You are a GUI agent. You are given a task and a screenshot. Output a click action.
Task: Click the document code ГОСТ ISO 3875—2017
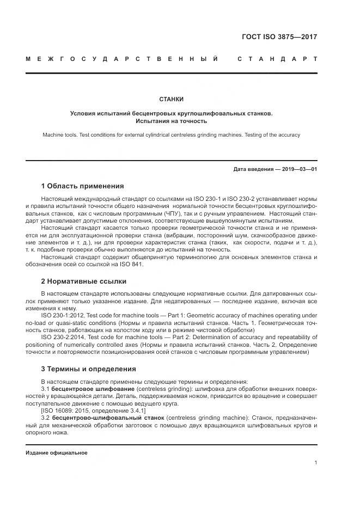tap(279, 38)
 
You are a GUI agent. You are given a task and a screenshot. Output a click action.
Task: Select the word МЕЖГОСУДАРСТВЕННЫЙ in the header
tap(122, 59)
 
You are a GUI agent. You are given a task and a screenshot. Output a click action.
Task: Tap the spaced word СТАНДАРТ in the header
tap(277, 59)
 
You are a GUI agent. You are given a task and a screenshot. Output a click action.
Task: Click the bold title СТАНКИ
tap(171, 100)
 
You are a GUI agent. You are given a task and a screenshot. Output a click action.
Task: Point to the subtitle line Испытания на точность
tap(171, 121)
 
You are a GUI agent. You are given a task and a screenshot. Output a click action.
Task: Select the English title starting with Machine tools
tap(171, 134)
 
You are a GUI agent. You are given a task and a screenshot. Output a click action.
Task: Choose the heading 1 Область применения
tap(82, 186)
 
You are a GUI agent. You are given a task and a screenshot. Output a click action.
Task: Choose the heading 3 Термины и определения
tap(88, 369)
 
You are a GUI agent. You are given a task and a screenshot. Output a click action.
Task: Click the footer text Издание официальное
tap(57, 453)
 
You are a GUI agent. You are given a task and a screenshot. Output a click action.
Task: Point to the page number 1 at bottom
tap(315, 462)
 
